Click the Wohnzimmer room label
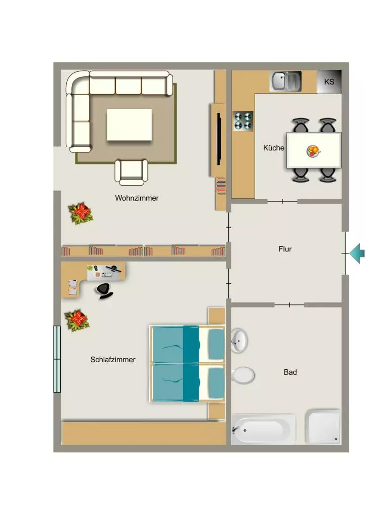click(x=137, y=198)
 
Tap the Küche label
click(x=273, y=148)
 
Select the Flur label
click(x=285, y=249)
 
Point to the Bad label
click(x=290, y=372)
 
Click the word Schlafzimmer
click(x=113, y=360)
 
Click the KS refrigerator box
click(x=330, y=81)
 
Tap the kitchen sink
click(x=287, y=81)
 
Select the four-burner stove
click(x=243, y=120)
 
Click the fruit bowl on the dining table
click(x=313, y=151)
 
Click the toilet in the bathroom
click(x=243, y=375)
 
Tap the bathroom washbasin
click(x=239, y=340)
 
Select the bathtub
click(x=263, y=429)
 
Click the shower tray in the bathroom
click(x=323, y=426)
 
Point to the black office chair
click(x=104, y=291)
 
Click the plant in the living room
click(x=80, y=213)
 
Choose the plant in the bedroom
click(x=77, y=320)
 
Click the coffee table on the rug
click(x=129, y=124)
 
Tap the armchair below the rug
click(x=131, y=172)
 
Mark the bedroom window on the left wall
click(x=57, y=359)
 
